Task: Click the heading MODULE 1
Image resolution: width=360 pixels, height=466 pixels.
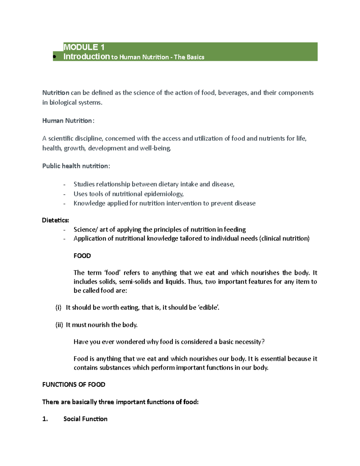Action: point(84,47)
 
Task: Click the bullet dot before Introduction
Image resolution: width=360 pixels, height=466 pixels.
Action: point(54,57)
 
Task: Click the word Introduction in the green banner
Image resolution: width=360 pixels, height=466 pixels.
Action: point(86,57)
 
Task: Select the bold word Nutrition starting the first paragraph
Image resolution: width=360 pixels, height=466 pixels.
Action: point(56,93)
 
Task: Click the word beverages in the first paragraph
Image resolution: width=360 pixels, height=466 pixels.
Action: point(233,93)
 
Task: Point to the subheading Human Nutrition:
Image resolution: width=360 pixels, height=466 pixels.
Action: point(68,121)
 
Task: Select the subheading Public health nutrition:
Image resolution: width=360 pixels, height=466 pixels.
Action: point(76,166)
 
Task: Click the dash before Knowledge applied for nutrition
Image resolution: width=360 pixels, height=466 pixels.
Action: point(64,204)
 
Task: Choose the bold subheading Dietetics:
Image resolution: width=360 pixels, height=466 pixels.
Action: point(55,220)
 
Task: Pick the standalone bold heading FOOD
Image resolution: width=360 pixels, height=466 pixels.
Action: point(82,256)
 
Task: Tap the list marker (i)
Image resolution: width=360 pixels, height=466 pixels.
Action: point(58,308)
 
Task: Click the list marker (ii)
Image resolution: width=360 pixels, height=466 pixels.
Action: point(59,325)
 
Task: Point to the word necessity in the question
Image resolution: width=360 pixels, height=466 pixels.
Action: point(249,342)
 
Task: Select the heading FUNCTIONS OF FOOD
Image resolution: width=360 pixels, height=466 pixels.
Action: point(73,385)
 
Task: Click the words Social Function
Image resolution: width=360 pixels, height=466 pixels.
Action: point(85,419)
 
